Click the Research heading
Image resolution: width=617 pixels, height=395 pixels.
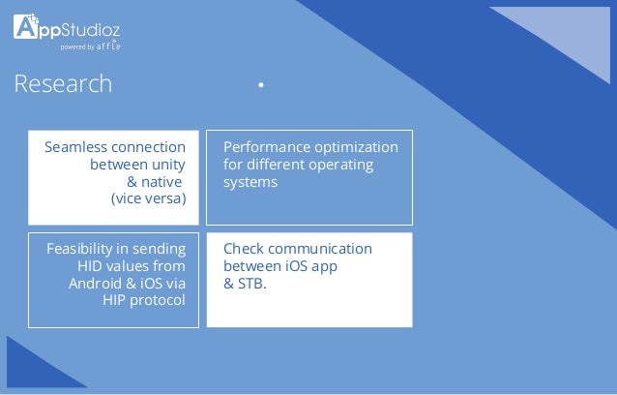pyautogui.click(x=63, y=85)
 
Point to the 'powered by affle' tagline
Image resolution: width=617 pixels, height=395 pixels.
pyautogui.click(x=90, y=46)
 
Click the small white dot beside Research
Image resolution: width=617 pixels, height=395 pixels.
pyautogui.click(x=260, y=86)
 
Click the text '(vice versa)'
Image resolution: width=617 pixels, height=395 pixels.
pyautogui.click(x=148, y=199)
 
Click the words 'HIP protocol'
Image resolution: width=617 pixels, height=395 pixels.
pyautogui.click(x=144, y=301)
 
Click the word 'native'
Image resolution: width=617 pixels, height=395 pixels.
pyautogui.click(x=165, y=182)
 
